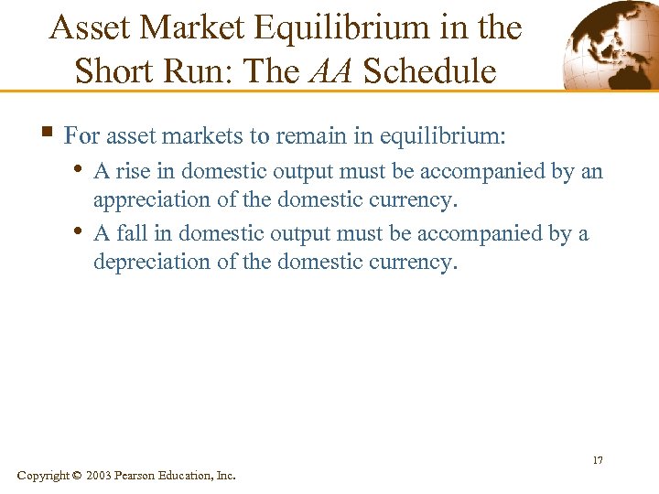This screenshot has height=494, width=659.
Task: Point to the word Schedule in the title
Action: [x=429, y=70]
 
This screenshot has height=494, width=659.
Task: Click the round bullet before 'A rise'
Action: [x=80, y=169]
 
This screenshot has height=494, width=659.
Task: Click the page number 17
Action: [x=597, y=459]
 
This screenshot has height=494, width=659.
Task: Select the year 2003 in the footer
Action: [x=100, y=475]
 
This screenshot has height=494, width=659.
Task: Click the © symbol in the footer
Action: [x=76, y=475]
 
